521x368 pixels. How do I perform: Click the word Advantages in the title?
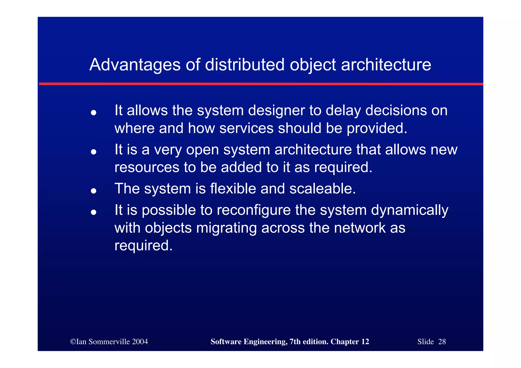point(135,65)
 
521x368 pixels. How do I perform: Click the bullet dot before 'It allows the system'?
point(94,112)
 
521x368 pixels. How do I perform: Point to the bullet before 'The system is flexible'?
point(94,190)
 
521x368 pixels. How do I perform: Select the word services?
point(246,128)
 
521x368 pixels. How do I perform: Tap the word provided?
point(377,128)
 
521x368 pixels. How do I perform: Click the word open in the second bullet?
point(202,150)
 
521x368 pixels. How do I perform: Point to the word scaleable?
point(322,189)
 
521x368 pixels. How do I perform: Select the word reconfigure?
point(254,210)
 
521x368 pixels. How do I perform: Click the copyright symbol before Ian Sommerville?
point(73,342)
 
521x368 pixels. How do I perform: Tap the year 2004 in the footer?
point(140,342)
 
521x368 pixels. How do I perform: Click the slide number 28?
point(442,342)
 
